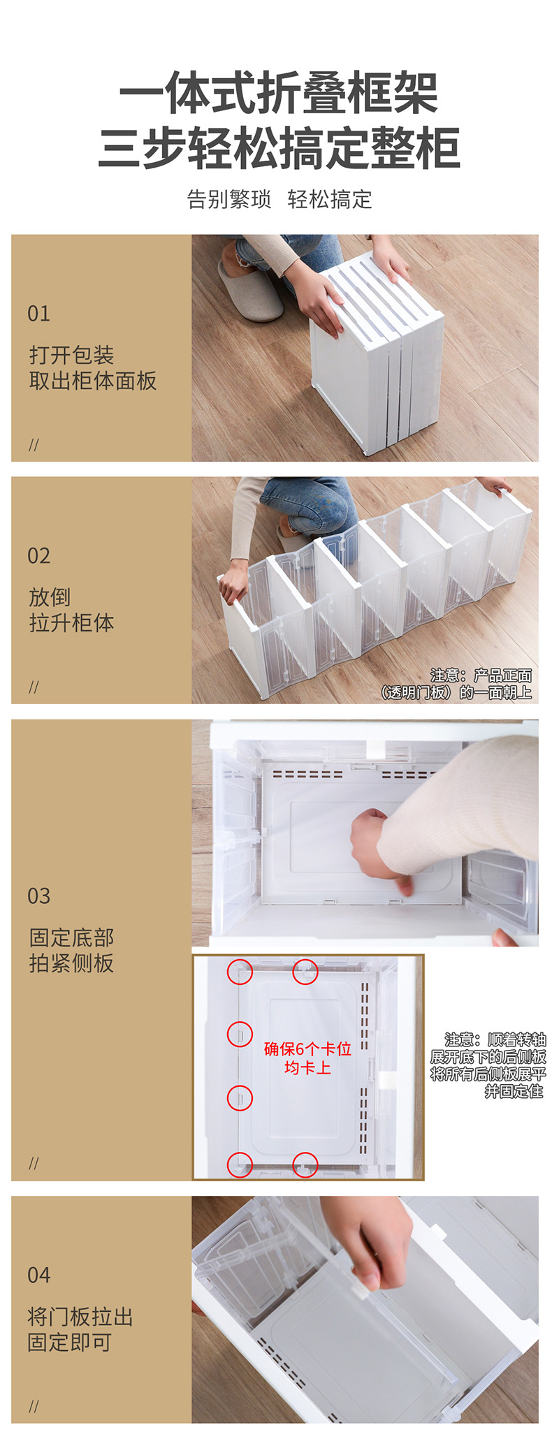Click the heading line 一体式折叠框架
278,93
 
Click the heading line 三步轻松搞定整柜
278,148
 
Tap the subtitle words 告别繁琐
228,200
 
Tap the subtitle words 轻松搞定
329,200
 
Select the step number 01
38,314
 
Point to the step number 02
38,556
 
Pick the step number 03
38,896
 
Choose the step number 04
38,1275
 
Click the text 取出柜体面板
92,381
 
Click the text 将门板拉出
80,1317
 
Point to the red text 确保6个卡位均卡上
307,1058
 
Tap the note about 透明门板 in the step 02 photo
457,685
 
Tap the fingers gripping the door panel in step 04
370,1257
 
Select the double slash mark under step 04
34,1406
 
